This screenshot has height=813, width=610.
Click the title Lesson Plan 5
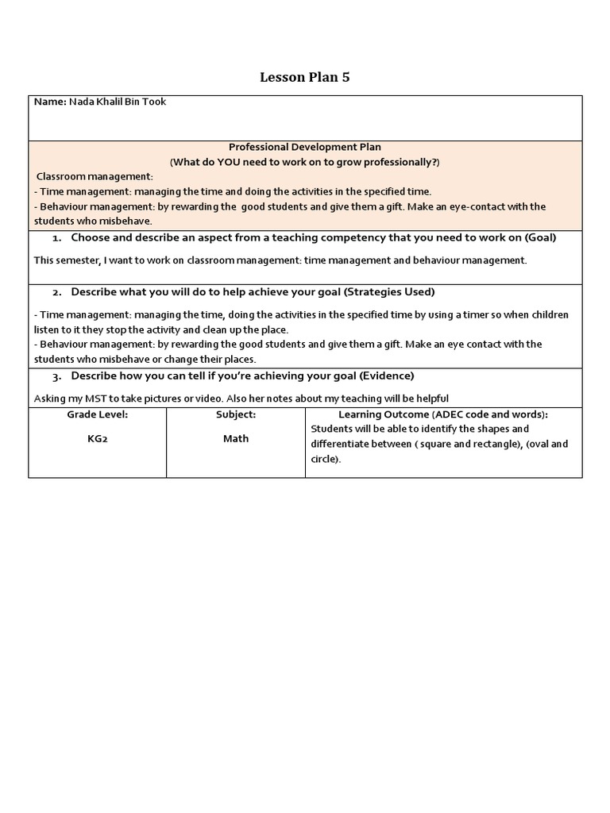[x=305, y=77]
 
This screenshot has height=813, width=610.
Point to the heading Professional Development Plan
[x=305, y=147]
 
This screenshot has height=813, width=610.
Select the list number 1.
[x=56, y=238]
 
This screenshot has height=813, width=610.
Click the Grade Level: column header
[x=97, y=414]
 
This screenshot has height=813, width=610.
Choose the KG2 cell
[x=97, y=438]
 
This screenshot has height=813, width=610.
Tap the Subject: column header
[x=236, y=414]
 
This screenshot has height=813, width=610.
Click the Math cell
[x=236, y=438]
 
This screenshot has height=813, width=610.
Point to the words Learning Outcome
[x=378, y=414]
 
